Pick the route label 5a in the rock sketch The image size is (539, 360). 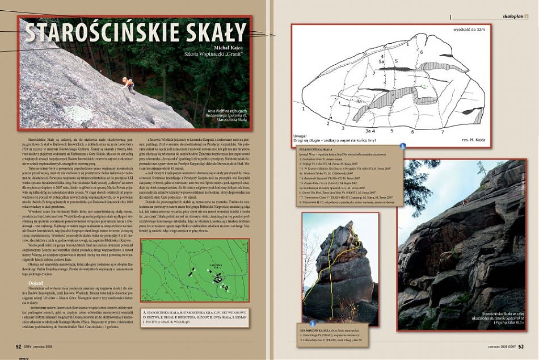click(x=382, y=61)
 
